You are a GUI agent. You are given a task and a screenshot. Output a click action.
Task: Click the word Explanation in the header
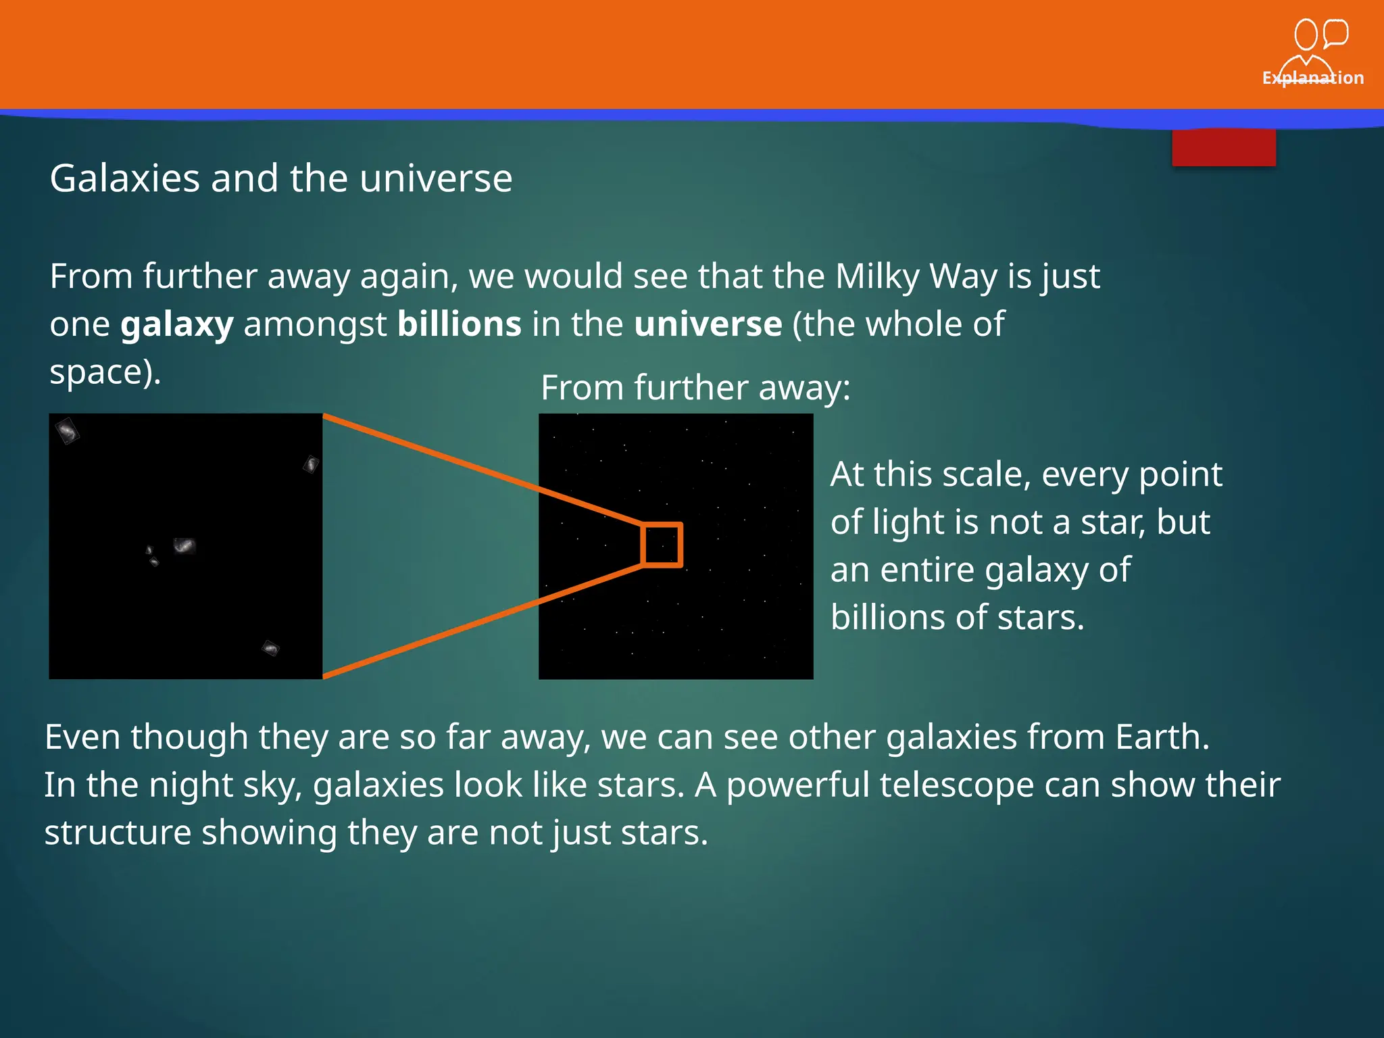pyautogui.click(x=1312, y=78)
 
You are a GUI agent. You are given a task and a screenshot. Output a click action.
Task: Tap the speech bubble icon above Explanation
pyautogui.click(x=1335, y=33)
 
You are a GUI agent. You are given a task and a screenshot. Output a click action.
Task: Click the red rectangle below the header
pyautogui.click(x=1223, y=147)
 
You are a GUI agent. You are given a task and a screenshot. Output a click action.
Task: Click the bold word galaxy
pyautogui.click(x=177, y=324)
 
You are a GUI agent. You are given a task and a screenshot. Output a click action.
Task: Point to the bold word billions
pyautogui.click(x=459, y=324)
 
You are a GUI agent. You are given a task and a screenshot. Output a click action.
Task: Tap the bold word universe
pyautogui.click(x=708, y=324)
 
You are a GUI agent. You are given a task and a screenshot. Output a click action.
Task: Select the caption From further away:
pyautogui.click(x=695, y=388)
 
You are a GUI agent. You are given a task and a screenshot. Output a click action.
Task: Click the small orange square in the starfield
pyautogui.click(x=662, y=545)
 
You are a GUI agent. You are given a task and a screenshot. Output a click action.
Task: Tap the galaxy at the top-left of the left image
pyautogui.click(x=67, y=430)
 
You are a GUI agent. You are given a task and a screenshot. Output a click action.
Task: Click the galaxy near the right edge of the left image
pyautogui.click(x=311, y=464)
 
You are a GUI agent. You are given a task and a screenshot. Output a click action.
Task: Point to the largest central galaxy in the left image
pyautogui.click(x=184, y=545)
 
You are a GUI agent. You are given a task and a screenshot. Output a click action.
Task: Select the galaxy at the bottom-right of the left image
pyautogui.click(x=270, y=648)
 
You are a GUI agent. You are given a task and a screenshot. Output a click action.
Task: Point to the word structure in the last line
pyautogui.click(x=118, y=833)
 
